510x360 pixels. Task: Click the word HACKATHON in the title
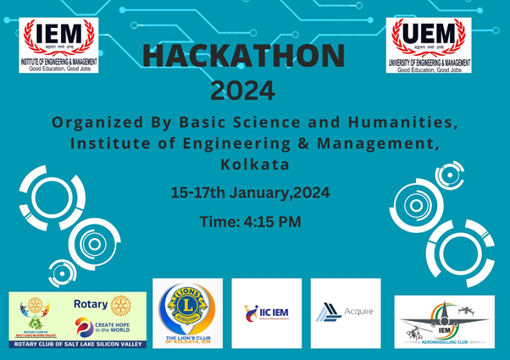coord(244,56)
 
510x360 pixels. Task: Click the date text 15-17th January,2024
coord(250,193)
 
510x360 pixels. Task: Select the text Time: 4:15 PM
coord(250,222)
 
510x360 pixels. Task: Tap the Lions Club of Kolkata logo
coord(187,313)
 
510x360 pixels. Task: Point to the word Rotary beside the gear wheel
coord(91,303)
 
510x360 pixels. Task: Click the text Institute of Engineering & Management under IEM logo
coord(58,62)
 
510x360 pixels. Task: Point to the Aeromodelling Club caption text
coord(444,342)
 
